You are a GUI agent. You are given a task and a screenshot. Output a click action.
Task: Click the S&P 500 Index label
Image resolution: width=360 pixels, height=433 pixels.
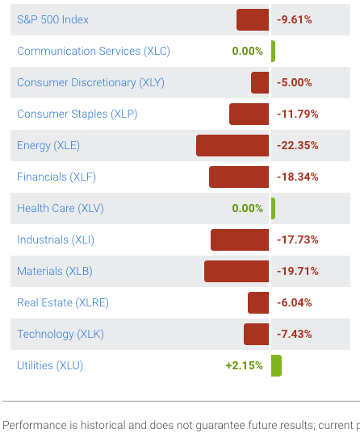pos(52,19)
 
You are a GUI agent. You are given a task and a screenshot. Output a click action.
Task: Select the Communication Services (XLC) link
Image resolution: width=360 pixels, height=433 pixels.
pos(93,51)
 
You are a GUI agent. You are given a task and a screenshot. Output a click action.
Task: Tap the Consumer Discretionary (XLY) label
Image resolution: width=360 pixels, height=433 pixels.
pos(89,82)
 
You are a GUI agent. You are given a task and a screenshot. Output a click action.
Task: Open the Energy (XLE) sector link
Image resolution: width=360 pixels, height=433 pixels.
pos(48,146)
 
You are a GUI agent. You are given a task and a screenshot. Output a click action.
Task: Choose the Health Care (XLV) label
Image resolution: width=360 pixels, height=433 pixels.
pos(61,209)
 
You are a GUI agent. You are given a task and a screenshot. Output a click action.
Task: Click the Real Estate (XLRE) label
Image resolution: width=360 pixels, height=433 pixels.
pos(63,303)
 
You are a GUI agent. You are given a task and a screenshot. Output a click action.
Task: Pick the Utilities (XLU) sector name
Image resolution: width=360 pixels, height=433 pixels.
pos(50,366)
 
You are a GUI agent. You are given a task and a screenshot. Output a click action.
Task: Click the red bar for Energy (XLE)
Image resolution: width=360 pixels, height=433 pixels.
pos(232,146)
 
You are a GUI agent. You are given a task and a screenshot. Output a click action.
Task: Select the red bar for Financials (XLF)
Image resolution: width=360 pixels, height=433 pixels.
pos(239,177)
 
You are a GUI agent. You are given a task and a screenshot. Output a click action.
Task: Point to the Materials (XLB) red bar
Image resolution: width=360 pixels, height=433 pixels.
pos(237,272)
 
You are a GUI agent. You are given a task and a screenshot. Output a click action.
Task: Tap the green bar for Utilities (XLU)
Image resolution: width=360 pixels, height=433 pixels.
pos(276,366)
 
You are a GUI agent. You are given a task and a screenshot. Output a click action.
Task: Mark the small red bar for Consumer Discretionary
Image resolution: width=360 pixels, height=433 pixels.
pos(260,82)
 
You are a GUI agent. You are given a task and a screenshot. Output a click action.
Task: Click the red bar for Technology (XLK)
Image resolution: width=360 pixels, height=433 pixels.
pos(256,335)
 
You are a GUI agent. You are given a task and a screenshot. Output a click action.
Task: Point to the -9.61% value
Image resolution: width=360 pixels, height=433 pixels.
pos(294,19)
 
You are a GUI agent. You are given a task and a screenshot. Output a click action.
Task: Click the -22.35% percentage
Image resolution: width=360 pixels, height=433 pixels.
pos(297,146)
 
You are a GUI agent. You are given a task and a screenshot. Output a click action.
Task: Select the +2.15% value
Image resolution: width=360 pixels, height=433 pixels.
pos(244,366)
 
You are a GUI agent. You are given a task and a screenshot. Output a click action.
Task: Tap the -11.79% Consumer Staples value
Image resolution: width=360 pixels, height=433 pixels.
pos(297,114)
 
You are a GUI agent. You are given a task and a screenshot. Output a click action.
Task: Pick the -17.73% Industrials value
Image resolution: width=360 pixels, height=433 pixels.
pos(297,240)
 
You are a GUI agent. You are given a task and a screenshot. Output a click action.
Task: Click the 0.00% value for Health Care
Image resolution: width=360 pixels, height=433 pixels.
pos(247,209)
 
